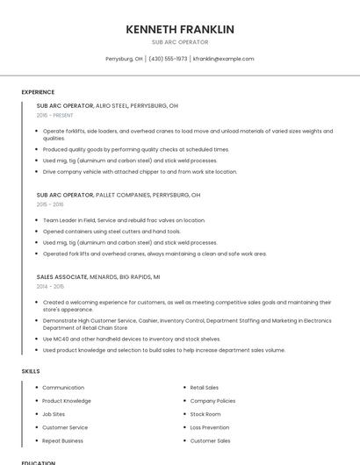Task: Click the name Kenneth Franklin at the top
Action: coord(180,29)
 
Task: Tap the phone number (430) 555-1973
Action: coord(168,59)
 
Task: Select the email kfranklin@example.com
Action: coord(223,59)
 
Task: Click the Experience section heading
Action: coord(38,92)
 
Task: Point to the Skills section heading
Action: coord(31,371)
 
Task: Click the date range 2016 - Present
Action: coord(54,115)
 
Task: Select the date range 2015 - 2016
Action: coord(49,204)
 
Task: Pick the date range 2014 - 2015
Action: coord(49,286)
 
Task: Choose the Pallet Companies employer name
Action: coord(124,195)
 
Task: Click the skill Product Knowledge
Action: coord(67,400)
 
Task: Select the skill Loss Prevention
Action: coord(210,427)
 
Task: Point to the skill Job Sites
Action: coord(54,414)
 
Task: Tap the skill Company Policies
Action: coord(212,400)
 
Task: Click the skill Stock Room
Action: coord(205,414)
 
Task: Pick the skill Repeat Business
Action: coord(62,440)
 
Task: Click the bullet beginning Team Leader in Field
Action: coord(123,220)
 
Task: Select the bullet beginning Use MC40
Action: coord(132,339)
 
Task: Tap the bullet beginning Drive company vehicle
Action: coord(140,172)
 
